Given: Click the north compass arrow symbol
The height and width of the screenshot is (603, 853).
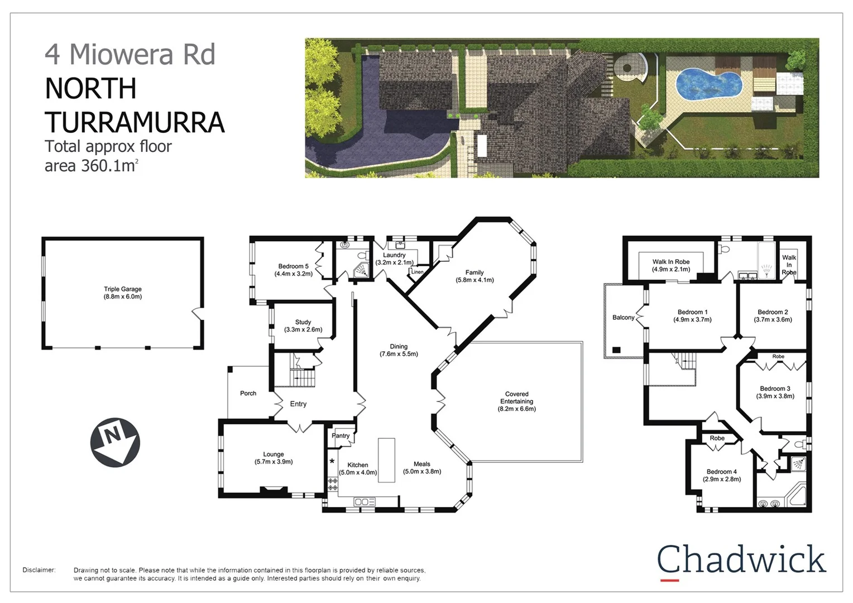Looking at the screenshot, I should tap(115, 442).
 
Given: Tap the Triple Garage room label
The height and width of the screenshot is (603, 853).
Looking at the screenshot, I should tap(123, 289).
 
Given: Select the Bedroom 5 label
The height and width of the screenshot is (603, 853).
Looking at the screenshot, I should tap(293, 266).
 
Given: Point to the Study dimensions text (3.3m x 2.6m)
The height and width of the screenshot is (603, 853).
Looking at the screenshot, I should tap(303, 329).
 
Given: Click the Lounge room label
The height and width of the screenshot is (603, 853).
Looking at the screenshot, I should tap(274, 454).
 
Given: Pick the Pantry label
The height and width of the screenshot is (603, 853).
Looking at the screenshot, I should tap(341, 435).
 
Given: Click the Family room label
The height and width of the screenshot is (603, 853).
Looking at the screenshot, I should tap(475, 272).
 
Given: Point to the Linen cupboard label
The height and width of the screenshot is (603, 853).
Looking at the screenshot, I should tap(417, 272).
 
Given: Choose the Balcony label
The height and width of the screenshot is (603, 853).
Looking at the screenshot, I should tap(623, 318).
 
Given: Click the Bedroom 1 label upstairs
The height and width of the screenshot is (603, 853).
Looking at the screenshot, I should tap(692, 312).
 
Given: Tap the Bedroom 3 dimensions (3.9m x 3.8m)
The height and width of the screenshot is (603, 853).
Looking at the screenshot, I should tap(775, 396).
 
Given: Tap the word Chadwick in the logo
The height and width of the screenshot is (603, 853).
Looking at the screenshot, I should tap(741, 559).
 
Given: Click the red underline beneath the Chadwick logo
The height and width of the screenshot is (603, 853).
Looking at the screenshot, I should tap(669, 581).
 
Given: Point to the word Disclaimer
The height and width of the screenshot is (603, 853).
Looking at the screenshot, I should tap(39, 570).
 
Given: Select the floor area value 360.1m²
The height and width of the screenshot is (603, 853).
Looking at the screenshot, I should tap(109, 166).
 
